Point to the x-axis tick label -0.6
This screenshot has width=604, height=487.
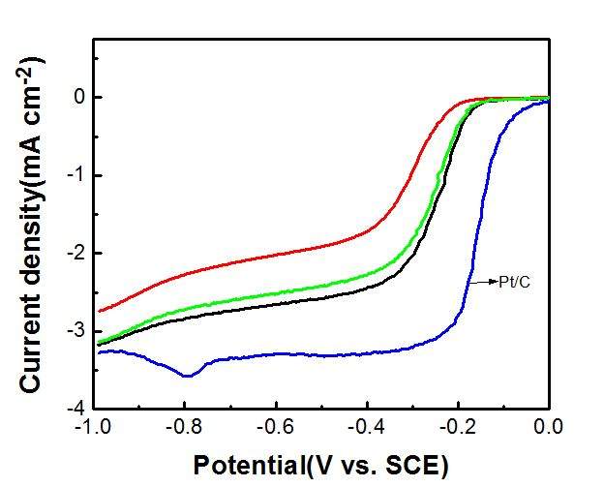pyautogui.click(x=275, y=425)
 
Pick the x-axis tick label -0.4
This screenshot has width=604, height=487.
pyautogui.click(x=366, y=425)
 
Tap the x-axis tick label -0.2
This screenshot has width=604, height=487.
pyautogui.click(x=458, y=425)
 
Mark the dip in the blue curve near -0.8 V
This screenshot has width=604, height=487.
pyautogui.click(x=187, y=375)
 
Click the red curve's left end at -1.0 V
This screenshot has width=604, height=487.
pyautogui.click(x=100, y=311)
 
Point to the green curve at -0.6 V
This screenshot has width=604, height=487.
pyautogui.click(x=275, y=292)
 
